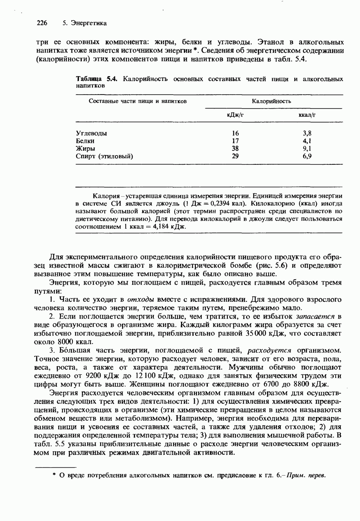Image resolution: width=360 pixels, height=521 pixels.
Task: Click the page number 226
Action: click(42, 23)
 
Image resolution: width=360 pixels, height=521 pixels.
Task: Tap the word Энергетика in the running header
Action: click(88, 23)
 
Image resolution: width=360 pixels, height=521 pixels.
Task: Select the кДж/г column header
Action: click(235, 115)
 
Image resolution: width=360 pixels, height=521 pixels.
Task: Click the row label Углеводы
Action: click(91, 133)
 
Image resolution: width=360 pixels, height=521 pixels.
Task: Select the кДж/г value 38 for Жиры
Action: click(235, 148)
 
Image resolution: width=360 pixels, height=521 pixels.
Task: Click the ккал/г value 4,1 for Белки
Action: click(307, 141)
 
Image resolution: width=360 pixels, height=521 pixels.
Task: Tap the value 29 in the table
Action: click(235, 156)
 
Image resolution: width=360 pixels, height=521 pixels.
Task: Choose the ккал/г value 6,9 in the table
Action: click(307, 156)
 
